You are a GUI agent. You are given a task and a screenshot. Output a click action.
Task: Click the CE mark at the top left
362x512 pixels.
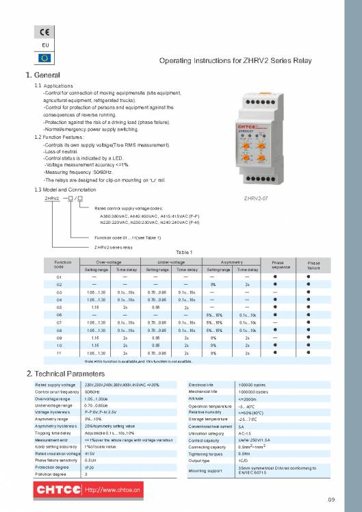click(42, 32)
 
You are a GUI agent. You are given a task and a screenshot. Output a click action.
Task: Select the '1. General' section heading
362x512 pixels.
click(43, 75)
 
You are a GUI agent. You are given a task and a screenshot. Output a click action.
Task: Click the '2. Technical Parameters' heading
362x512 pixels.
click(64, 374)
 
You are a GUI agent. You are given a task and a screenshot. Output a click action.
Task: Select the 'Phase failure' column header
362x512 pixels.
click(313, 264)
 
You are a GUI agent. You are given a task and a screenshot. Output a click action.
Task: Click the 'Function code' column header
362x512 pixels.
click(59, 264)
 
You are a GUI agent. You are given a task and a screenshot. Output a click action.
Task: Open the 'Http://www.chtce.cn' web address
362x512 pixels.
click(112, 490)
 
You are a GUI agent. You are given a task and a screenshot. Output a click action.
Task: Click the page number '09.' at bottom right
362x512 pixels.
click(331, 500)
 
